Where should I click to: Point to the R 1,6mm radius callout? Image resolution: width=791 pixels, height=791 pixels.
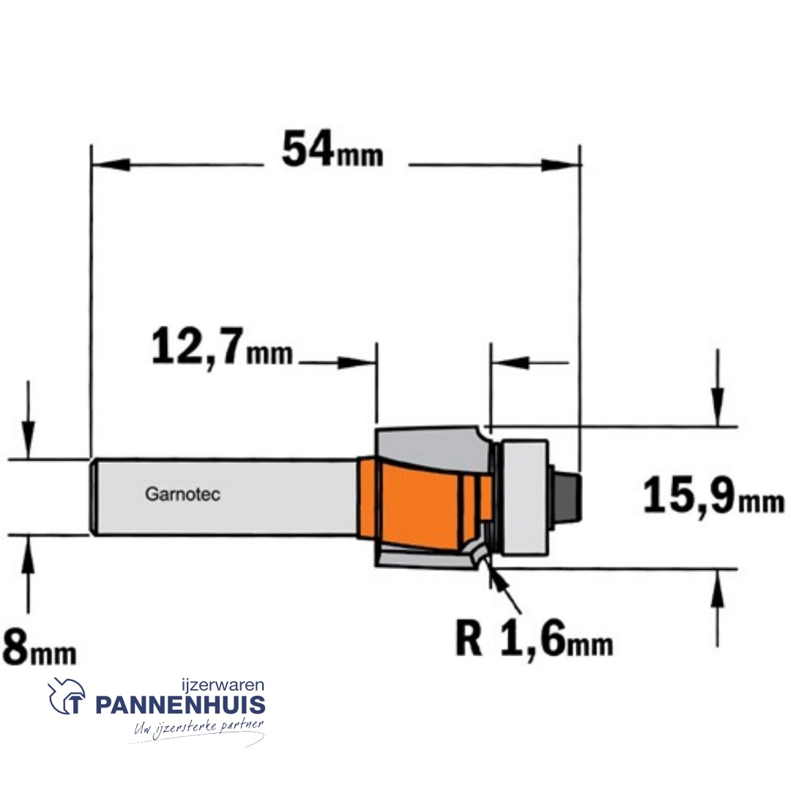534,640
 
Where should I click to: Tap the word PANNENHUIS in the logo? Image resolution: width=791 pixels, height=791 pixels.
180,705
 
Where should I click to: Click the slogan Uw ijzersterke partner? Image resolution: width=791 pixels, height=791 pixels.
198,728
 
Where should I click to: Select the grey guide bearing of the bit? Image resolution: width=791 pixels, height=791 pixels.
522,494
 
